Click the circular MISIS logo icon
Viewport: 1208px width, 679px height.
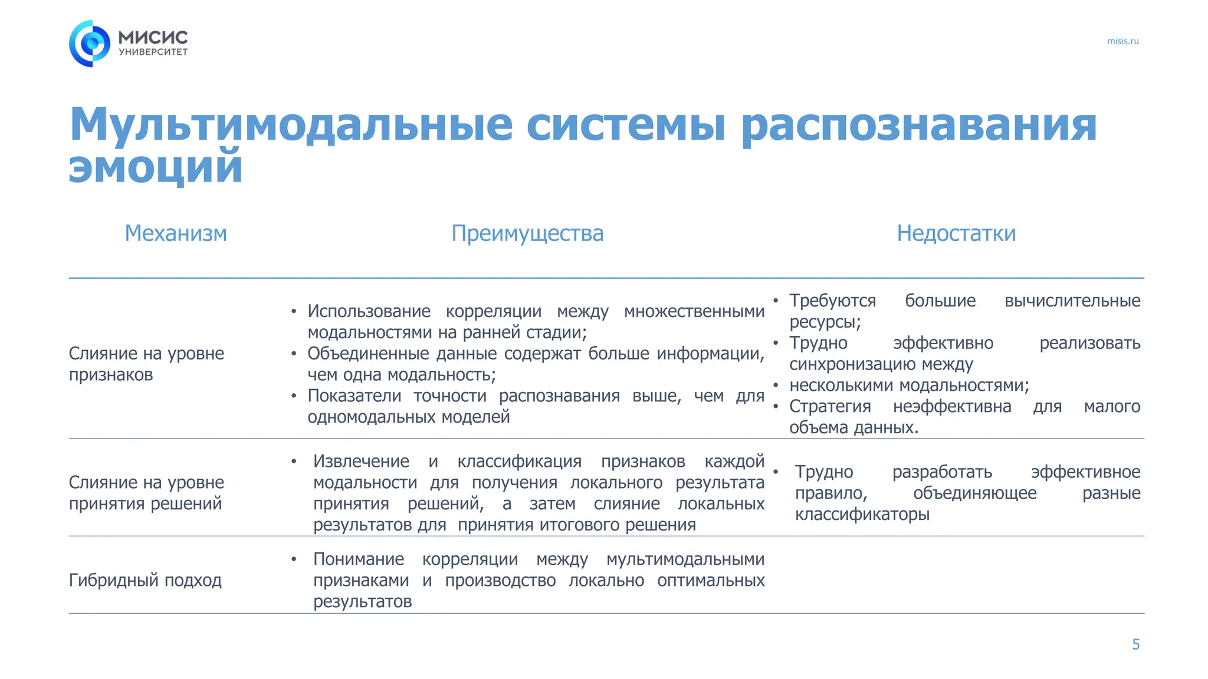(90, 44)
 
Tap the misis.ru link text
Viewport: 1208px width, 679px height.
(1122, 41)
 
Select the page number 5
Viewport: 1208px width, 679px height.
(1135, 644)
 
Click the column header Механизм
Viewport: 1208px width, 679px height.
(176, 233)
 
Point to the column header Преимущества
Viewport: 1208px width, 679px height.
(527, 233)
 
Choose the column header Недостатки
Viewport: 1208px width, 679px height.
(956, 233)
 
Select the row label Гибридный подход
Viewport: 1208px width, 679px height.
(145, 581)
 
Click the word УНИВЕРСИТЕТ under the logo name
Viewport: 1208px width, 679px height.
(153, 52)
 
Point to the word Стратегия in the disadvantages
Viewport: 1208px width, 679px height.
(830, 406)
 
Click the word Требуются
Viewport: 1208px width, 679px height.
(832, 301)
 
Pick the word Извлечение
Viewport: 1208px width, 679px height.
(361, 461)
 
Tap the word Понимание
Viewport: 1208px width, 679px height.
(359, 559)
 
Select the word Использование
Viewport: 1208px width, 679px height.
(369, 311)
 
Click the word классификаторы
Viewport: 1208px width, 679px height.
(862, 514)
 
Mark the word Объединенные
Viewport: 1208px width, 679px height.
(368, 354)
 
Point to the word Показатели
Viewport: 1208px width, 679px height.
(354, 396)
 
